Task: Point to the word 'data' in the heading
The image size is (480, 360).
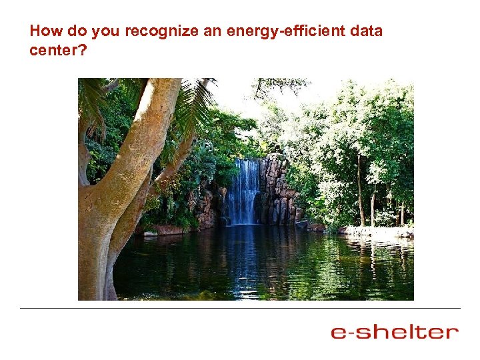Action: click(367, 31)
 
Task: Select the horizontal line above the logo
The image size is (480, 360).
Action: click(240, 308)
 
